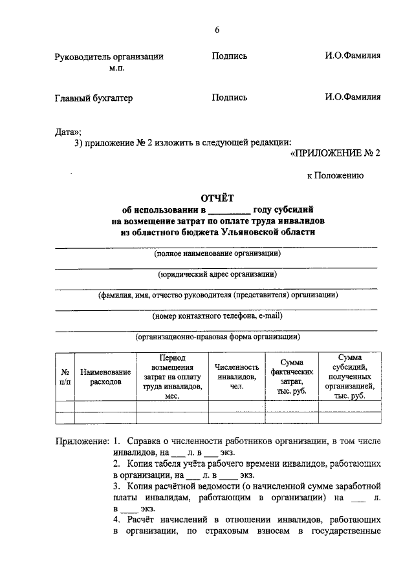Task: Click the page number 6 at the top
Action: pyautogui.click(x=217, y=30)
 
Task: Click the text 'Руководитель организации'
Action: pyautogui.click(x=109, y=56)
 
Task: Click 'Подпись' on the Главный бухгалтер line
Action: pyautogui.click(x=230, y=98)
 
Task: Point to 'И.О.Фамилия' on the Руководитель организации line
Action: pyautogui.click(x=353, y=56)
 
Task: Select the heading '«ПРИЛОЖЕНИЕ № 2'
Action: pyautogui.click(x=334, y=153)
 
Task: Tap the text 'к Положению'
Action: pyautogui.click(x=335, y=175)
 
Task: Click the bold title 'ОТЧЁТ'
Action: pyautogui.click(x=217, y=198)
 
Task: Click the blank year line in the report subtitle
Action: pyautogui.click(x=229, y=211)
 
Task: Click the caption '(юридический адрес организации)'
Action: pyautogui.click(x=217, y=274)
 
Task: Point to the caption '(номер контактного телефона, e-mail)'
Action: pyautogui.click(x=217, y=316)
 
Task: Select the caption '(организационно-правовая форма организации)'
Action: pyautogui.click(x=217, y=337)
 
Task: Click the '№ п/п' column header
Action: pyautogui.click(x=65, y=377)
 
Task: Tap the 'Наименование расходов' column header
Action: pyautogui.click(x=105, y=377)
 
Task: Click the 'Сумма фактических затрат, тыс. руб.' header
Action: pyautogui.click(x=292, y=377)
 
